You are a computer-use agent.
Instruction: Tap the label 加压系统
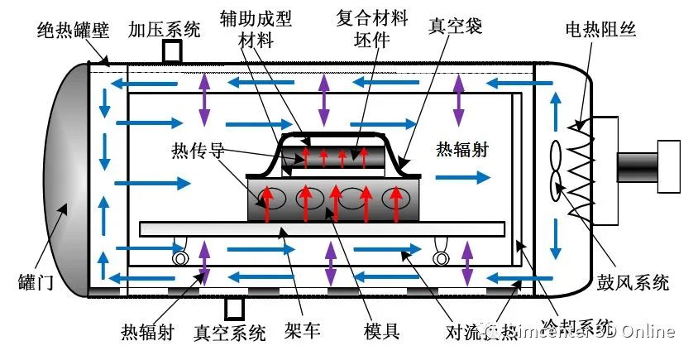(164, 31)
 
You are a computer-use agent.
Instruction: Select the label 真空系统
(230, 333)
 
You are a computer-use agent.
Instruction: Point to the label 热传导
(197, 151)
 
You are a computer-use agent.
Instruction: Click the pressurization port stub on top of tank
(172, 51)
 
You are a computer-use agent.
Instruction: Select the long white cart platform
(323, 227)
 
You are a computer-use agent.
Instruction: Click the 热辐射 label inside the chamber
(462, 151)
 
